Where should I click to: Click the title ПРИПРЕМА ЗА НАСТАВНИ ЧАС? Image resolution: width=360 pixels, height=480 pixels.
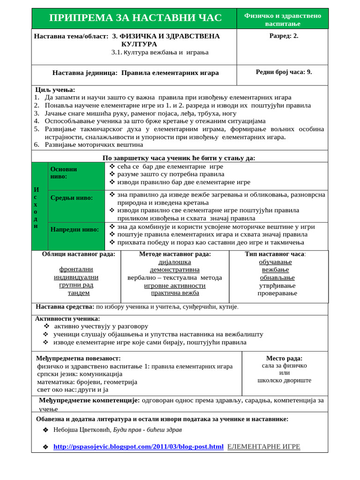(135, 18)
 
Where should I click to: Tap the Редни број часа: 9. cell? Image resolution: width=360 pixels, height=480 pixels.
(284, 72)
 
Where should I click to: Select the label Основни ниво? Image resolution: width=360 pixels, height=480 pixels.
(64, 172)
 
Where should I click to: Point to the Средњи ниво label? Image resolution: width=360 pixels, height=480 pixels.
(71, 198)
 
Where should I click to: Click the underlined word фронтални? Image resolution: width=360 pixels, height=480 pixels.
(76, 269)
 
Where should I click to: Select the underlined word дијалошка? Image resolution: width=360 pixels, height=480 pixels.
(175, 262)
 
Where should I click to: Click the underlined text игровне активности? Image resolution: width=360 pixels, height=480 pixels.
(175, 285)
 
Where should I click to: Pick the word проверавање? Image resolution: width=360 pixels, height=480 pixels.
(277, 293)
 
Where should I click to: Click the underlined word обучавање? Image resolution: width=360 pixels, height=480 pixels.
(275, 262)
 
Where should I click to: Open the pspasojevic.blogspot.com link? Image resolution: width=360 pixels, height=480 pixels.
(138, 447)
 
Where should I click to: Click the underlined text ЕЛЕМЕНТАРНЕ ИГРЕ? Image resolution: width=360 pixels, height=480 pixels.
(263, 446)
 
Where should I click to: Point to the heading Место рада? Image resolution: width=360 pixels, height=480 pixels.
(284, 358)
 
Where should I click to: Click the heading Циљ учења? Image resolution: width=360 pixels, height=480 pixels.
(55, 90)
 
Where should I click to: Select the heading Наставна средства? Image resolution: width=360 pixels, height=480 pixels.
(65, 307)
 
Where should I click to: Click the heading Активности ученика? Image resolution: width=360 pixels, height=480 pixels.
(67, 318)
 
